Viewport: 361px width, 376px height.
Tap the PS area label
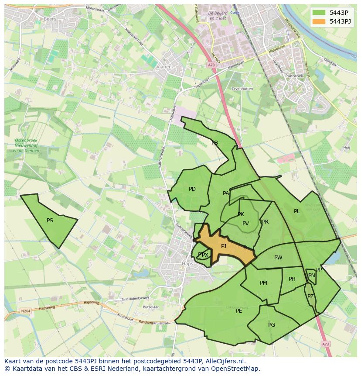pyautogui.click(x=50, y=221)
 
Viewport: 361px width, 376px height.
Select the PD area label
pyautogui.click(x=192, y=189)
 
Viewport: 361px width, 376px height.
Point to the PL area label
pyautogui.click(x=297, y=211)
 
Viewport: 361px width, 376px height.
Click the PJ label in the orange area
pyautogui.click(x=224, y=246)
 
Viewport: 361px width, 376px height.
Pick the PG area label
pyautogui.click(x=272, y=325)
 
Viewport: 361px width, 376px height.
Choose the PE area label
pyautogui.click(x=239, y=311)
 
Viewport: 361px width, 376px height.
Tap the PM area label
pyautogui.click(x=263, y=283)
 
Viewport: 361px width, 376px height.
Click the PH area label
pyautogui.click(x=292, y=279)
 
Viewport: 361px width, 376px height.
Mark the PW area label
pyautogui.click(x=278, y=258)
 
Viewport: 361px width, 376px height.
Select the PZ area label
pyautogui.click(x=310, y=297)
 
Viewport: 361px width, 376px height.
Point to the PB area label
pyautogui.click(x=215, y=143)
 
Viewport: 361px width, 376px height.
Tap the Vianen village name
pyautogui.click(x=164, y=67)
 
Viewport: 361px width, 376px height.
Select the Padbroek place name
pyautogui.click(x=293, y=76)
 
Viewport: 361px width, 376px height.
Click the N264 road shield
pyautogui.click(x=26, y=311)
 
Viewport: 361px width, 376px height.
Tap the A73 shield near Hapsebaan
pyautogui.click(x=211, y=65)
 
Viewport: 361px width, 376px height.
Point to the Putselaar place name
pyautogui.click(x=151, y=307)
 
